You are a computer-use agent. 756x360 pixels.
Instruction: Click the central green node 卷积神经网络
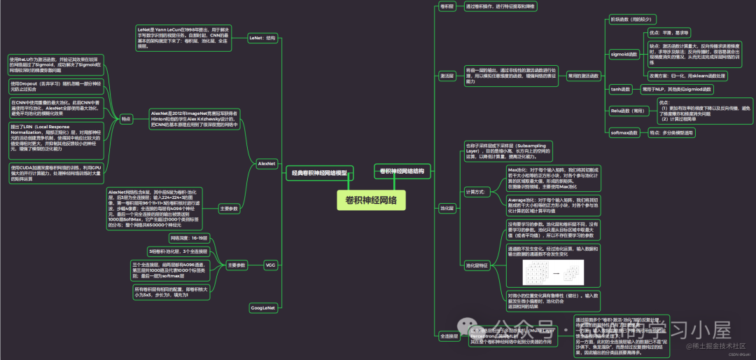(370, 200)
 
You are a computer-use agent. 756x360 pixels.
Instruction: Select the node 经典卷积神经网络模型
(319, 173)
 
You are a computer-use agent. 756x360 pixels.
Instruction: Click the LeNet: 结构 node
(262, 39)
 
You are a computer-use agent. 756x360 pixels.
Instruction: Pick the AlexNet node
(266, 163)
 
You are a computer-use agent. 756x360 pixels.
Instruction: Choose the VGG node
(270, 265)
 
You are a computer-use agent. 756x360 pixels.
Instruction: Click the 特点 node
(126, 120)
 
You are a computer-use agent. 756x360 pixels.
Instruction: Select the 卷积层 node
(447, 6)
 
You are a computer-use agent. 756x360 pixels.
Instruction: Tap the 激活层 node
(447, 75)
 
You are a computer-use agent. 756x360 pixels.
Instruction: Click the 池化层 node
(447, 208)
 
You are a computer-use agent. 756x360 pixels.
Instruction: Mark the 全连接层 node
(449, 336)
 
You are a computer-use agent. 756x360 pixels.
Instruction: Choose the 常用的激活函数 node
(583, 75)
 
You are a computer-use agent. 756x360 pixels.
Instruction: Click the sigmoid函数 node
(624, 53)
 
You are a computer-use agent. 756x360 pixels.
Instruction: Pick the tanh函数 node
(621, 90)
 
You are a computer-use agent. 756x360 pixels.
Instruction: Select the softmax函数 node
(624, 132)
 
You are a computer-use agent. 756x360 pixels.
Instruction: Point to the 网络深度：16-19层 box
(188, 238)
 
